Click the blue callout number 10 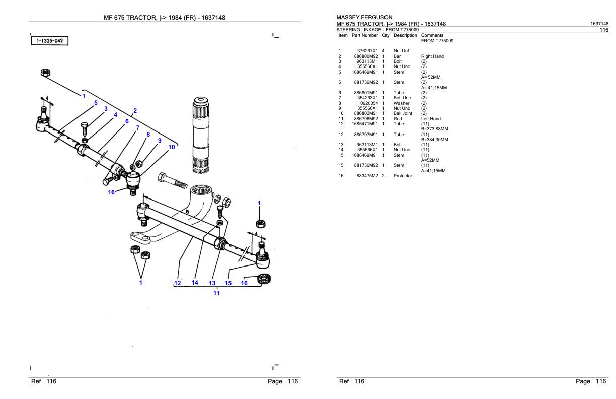(x=172, y=147)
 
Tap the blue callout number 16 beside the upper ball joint (x=111, y=192)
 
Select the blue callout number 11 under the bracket (x=216, y=293)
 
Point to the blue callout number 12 (x=177, y=283)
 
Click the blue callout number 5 (x=95, y=103)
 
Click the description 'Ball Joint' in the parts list (x=403, y=113)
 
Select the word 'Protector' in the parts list (x=403, y=176)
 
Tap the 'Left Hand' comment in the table (x=431, y=119)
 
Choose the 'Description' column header (x=405, y=35)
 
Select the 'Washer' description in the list (x=401, y=103)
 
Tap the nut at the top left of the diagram (x=45, y=74)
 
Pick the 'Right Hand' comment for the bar (x=432, y=56)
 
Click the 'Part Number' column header (x=365, y=35)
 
